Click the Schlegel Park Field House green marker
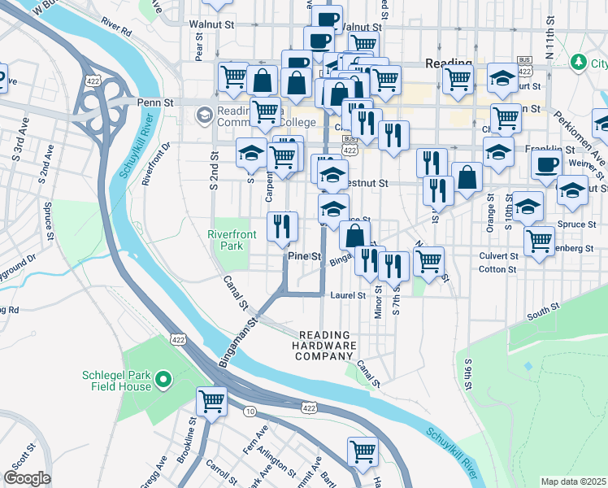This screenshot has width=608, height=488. [x=163, y=379]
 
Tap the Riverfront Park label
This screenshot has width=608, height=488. [x=232, y=240]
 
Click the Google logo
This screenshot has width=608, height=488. [x=27, y=478]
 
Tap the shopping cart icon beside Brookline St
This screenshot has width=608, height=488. [x=211, y=401]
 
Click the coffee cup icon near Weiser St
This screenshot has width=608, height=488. [x=545, y=165]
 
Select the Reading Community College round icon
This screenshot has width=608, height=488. [x=202, y=116]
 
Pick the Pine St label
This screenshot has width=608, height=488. [x=306, y=256]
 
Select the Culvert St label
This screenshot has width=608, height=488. [x=498, y=255]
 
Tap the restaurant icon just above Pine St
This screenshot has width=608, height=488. [x=283, y=227]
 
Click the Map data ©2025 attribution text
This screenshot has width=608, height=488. [x=573, y=481]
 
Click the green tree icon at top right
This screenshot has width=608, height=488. [x=578, y=62]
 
